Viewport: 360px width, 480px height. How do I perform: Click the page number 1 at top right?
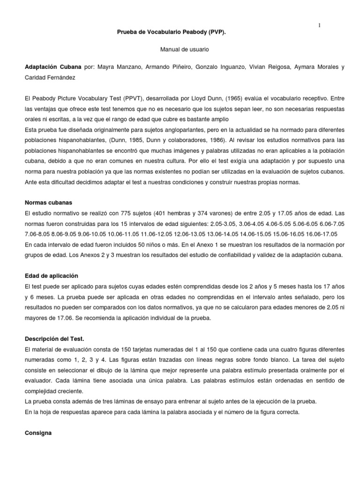319,25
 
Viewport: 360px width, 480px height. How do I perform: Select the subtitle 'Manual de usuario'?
180,49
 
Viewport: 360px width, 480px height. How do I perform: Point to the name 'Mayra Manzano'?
115,67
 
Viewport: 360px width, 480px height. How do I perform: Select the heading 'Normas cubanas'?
48,203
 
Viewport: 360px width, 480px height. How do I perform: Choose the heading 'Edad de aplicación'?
52,276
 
